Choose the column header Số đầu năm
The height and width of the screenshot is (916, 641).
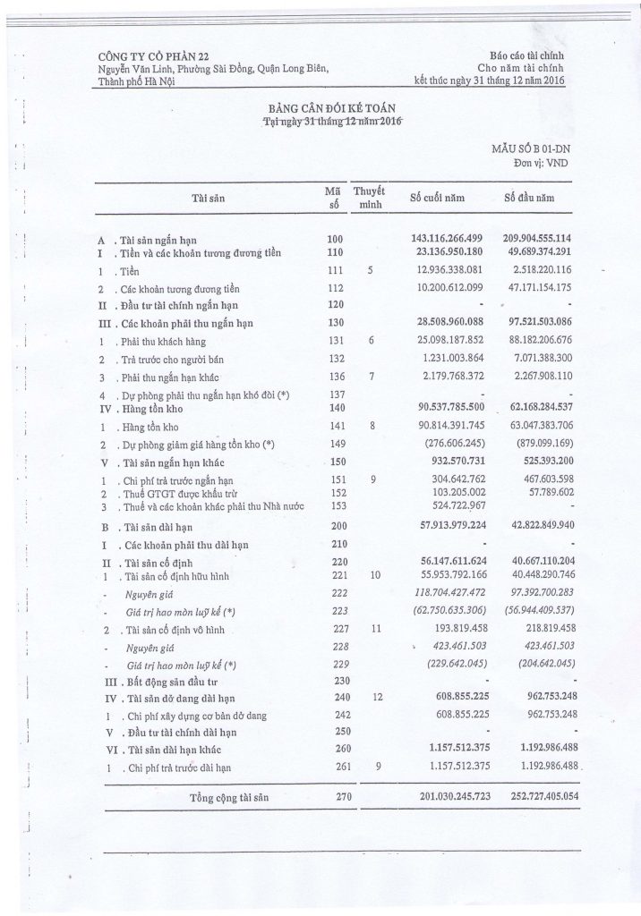click(x=534, y=198)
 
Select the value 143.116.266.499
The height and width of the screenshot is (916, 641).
click(x=447, y=239)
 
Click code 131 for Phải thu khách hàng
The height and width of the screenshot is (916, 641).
click(x=336, y=340)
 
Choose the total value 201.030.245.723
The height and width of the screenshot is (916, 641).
click(x=447, y=796)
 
